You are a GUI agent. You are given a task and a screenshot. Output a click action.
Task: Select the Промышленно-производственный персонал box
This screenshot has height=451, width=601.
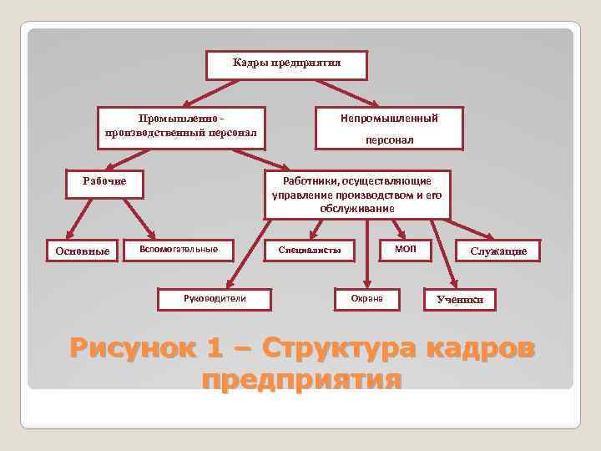pyautogui.click(x=181, y=127)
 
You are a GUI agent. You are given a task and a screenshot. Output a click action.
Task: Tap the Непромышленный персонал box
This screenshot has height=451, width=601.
pyautogui.click(x=389, y=128)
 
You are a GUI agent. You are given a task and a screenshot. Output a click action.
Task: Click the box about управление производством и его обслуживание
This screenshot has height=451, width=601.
pyautogui.click(x=356, y=195)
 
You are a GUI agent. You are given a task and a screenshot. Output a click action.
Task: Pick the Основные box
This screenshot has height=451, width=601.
pyautogui.click(x=82, y=251)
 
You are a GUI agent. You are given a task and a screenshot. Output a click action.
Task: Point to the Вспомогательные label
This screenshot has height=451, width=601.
pyautogui.click(x=179, y=249)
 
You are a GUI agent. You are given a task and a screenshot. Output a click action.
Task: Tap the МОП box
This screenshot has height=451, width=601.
pyautogui.click(x=405, y=249)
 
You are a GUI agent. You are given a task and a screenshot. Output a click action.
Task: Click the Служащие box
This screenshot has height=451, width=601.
pyautogui.click(x=497, y=251)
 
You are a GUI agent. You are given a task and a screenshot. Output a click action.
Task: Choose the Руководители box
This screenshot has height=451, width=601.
pyautogui.click(x=215, y=298)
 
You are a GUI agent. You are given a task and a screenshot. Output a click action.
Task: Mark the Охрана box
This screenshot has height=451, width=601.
pyautogui.click(x=366, y=298)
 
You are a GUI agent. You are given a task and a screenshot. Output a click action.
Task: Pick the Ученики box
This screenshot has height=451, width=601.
pyautogui.click(x=460, y=300)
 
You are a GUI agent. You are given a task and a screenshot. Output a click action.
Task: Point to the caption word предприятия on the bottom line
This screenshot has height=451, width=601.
pyautogui.click(x=301, y=380)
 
